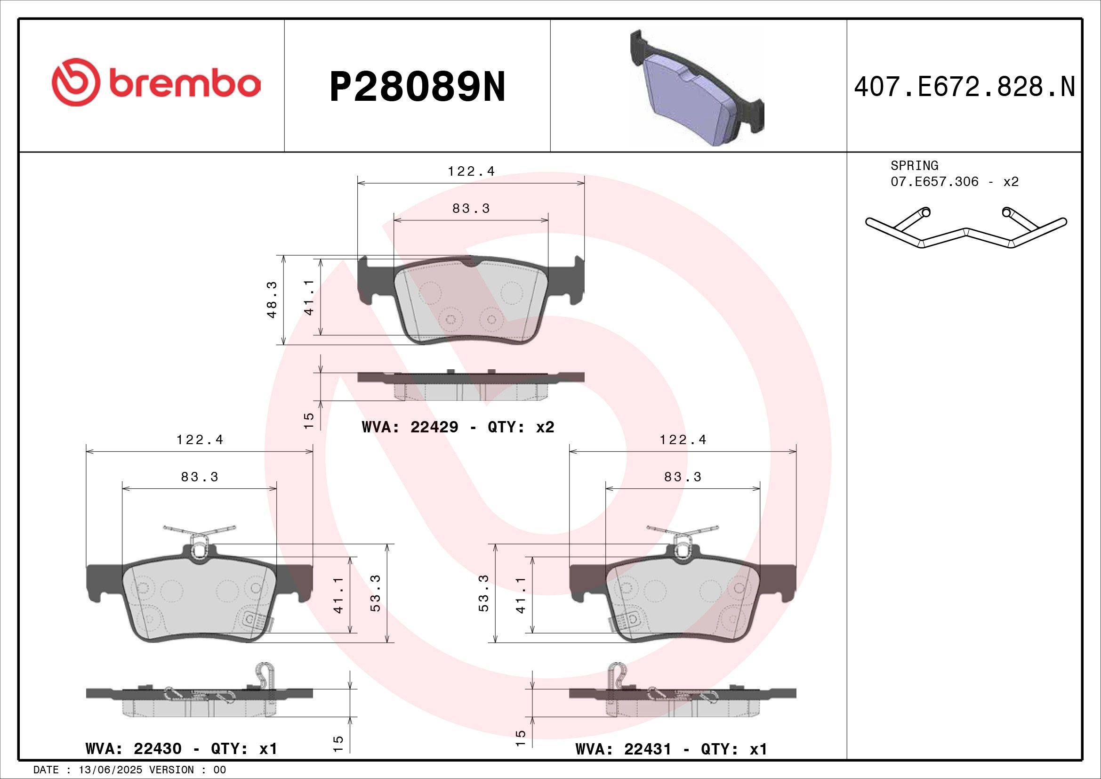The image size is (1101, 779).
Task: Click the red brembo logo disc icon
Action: click(x=76, y=82)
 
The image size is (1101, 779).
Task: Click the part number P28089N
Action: click(x=417, y=87)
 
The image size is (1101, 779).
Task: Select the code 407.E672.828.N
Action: click(x=964, y=87)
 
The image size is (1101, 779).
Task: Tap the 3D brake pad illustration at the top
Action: click(x=696, y=89)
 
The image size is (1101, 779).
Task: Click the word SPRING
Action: click(x=914, y=165)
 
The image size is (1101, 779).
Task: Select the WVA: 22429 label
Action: click(x=410, y=427)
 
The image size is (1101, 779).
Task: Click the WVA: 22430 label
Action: click(x=133, y=749)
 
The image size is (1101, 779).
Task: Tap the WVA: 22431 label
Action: click(x=623, y=749)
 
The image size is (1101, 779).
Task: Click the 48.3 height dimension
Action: click(x=273, y=300)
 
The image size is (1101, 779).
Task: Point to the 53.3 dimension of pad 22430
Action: click(x=376, y=593)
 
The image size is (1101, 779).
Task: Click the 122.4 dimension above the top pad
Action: click(x=471, y=171)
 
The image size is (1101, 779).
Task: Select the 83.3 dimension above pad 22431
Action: click(x=683, y=477)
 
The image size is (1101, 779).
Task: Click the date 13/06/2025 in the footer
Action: click(x=110, y=770)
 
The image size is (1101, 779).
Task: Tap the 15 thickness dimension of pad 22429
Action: click(x=309, y=421)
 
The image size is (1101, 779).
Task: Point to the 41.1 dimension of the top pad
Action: click(x=309, y=297)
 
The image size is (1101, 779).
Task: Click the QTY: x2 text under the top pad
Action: click(x=521, y=427)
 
